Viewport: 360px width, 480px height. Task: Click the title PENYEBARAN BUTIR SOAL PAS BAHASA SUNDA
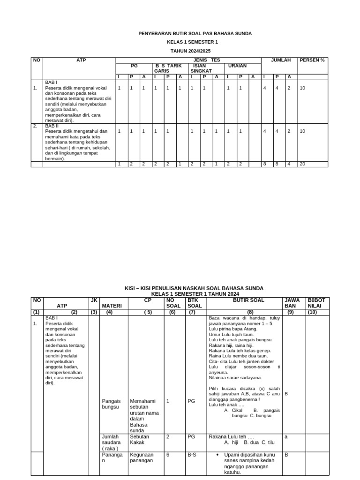click(x=195, y=34)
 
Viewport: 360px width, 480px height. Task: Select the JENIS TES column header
click(x=209, y=60)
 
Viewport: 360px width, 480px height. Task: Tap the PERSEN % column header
click(x=312, y=60)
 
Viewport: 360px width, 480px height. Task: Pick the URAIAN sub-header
click(x=237, y=66)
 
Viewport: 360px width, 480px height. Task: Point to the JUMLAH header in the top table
click(x=281, y=60)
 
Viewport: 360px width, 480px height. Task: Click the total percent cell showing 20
click(x=302, y=164)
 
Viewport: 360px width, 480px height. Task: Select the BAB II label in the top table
click(x=52, y=126)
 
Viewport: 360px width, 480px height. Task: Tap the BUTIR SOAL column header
click(x=248, y=300)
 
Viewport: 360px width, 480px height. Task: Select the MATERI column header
click(x=112, y=306)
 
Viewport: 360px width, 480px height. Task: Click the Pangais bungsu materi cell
click(x=112, y=404)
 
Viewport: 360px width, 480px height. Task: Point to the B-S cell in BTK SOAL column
click(x=192, y=455)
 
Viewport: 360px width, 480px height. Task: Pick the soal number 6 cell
click(x=168, y=455)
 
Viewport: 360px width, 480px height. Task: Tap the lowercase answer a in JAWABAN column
click(x=286, y=436)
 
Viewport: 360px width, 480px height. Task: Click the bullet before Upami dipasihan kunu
click(x=219, y=455)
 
